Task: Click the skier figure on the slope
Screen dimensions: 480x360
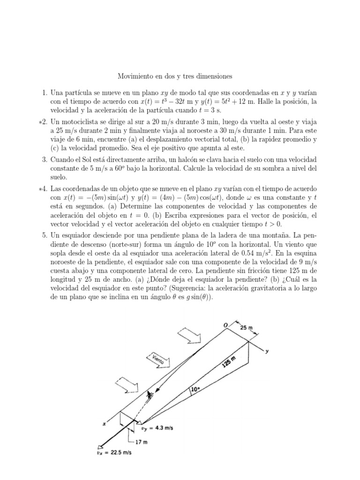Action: coord(150,396)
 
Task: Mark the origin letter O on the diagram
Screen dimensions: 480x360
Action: coord(225,325)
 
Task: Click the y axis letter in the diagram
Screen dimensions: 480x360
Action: coord(267,351)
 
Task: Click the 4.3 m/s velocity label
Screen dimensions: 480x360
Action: coord(160,427)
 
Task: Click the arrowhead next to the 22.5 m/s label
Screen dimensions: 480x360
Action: coord(100,447)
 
